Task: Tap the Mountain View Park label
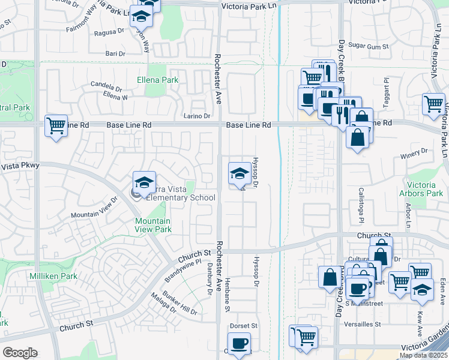pyautogui.click(x=152, y=225)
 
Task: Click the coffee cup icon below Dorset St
pyautogui.click(x=240, y=343)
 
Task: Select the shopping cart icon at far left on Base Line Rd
pyautogui.click(x=56, y=126)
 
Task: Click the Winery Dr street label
pyautogui.click(x=414, y=153)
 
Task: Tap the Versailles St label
pyautogui.click(x=360, y=324)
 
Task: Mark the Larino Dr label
pyautogui.click(x=197, y=116)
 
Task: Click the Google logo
pyautogui.click(x=20, y=353)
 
